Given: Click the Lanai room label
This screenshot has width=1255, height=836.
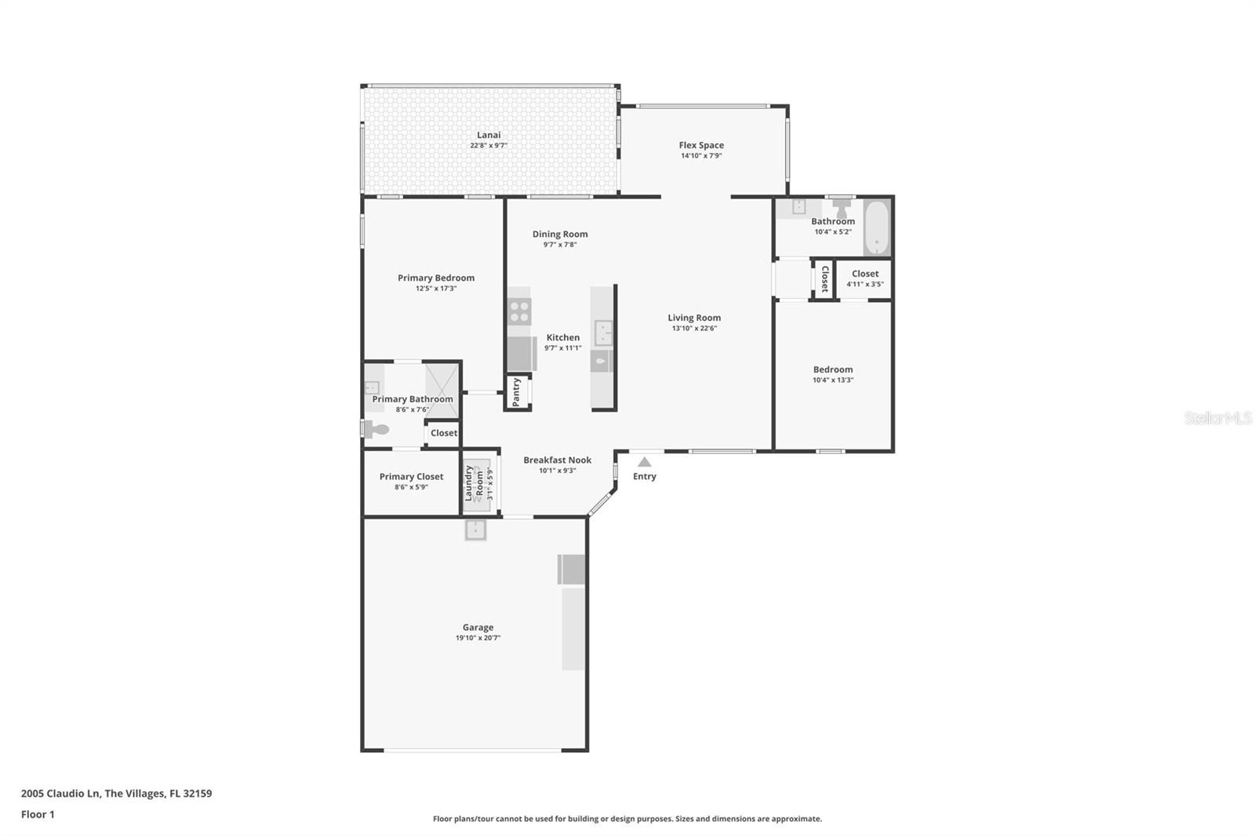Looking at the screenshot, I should [x=489, y=135].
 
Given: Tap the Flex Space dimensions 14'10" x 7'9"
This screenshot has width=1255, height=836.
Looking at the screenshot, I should [x=701, y=156].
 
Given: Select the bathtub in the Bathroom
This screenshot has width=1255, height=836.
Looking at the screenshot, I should [x=876, y=227].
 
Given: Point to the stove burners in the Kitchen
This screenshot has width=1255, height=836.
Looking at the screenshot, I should [x=519, y=311].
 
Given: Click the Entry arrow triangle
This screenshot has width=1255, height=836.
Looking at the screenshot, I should [x=644, y=462].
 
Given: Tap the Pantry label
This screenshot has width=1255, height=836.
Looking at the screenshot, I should [x=516, y=392].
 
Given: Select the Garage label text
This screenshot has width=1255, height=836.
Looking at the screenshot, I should [x=478, y=627].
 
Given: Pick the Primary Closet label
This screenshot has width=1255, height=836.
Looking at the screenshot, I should [x=411, y=477].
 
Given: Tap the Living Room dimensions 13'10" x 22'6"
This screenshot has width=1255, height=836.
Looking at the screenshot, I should [x=694, y=329].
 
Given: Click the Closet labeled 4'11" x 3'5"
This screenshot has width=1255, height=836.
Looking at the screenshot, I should [x=864, y=278].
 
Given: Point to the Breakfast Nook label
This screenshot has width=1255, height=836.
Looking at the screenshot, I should [x=557, y=460].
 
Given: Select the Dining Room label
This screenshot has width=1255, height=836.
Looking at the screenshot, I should [x=559, y=234].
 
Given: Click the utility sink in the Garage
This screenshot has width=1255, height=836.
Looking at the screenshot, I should [x=475, y=530].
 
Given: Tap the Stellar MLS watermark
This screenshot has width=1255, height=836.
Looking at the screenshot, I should [x=1217, y=418].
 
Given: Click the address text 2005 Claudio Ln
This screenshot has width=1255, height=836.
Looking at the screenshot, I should [x=116, y=793].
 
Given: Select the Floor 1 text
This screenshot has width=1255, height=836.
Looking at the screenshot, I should [x=38, y=814].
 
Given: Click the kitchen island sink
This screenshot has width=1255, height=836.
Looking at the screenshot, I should [x=603, y=333].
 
